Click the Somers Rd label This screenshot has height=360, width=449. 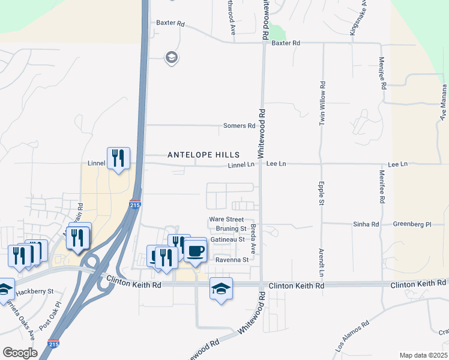click(x=239, y=126)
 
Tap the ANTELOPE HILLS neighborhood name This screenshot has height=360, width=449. click(x=203, y=155)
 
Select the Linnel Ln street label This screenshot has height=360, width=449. click(x=242, y=165)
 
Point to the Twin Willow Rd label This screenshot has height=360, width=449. click(x=322, y=103)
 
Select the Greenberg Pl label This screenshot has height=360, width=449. click(x=412, y=224)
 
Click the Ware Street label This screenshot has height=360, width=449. click(x=226, y=220)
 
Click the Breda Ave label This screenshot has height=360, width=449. click(x=254, y=238)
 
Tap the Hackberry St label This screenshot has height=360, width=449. click(x=34, y=290)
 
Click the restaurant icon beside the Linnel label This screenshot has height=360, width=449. click(x=118, y=158)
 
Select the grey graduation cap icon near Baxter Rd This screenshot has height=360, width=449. click(x=172, y=58)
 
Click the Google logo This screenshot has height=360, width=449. click(x=20, y=353)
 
